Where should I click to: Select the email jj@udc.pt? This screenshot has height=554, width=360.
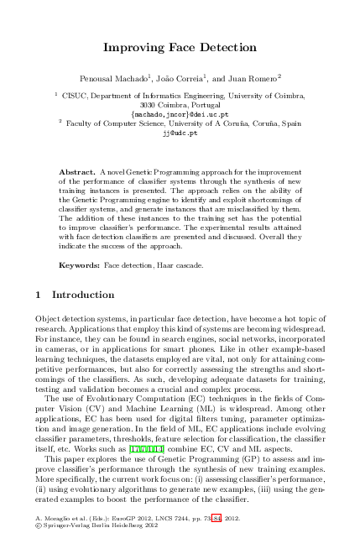click(179, 132)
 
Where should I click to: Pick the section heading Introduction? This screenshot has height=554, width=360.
click(83, 295)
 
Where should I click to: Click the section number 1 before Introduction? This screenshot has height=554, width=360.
click(39, 295)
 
